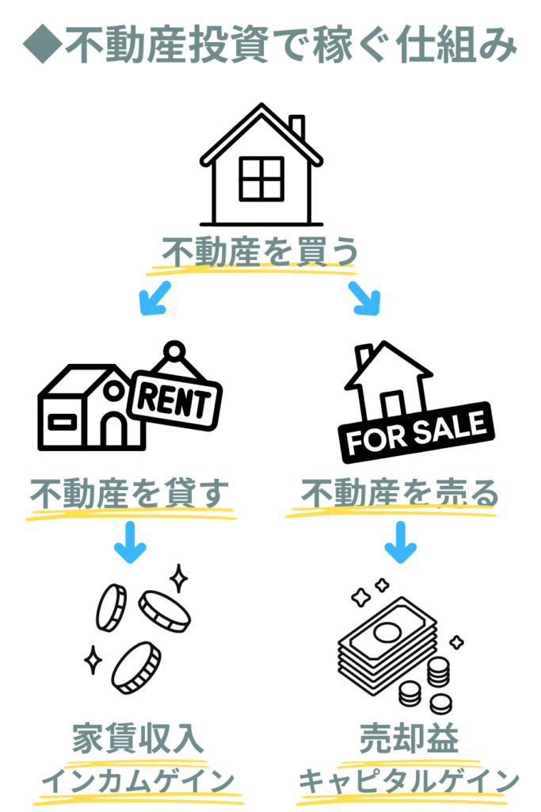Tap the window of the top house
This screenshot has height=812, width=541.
point(261,178)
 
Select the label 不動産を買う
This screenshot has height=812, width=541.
point(260,252)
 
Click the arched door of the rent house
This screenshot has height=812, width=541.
point(114,428)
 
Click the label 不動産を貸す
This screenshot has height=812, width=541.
point(130,495)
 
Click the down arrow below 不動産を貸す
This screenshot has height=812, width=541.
point(130,543)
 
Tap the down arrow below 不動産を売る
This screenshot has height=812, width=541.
point(401,543)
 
